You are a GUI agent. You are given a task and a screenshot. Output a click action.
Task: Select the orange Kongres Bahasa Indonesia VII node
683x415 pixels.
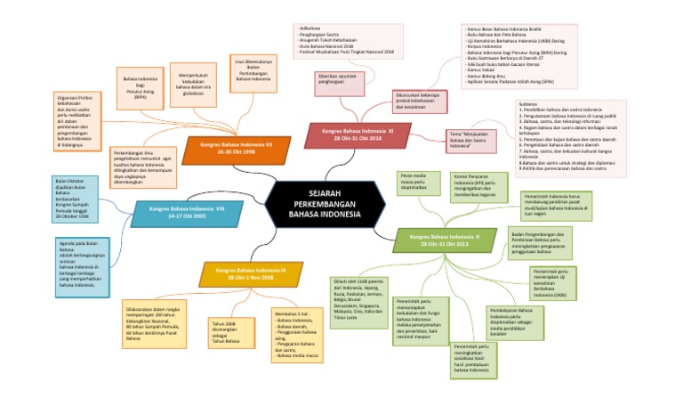coord(237,147)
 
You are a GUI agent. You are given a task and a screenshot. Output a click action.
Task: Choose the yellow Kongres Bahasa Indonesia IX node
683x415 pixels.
coord(245,273)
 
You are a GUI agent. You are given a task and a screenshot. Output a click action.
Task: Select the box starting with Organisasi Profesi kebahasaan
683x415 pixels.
coord(79,118)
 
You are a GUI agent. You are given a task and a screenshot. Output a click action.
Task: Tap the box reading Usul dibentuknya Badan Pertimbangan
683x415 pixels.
coord(253,71)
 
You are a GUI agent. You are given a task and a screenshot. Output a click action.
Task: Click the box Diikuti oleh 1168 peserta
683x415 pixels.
coord(355,304)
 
